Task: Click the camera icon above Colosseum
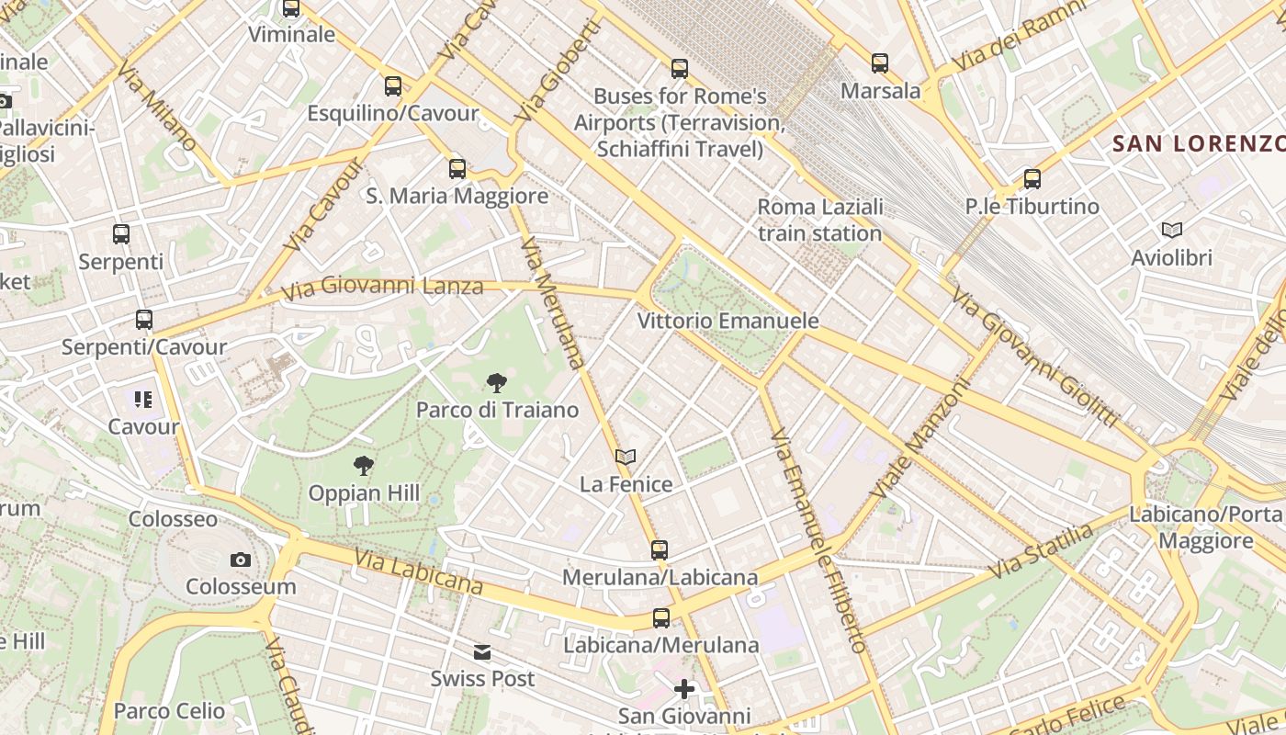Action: (x=241, y=560)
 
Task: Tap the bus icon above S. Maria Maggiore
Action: (x=457, y=169)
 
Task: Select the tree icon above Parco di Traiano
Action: (x=497, y=382)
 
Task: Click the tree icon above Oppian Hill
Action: (x=364, y=466)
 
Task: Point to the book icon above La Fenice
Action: (x=626, y=457)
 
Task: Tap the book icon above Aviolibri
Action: (x=1171, y=230)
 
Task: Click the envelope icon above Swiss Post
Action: (x=482, y=652)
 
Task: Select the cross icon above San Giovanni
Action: (x=684, y=688)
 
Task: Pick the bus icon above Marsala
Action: (x=880, y=63)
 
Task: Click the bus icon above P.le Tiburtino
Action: (x=1032, y=179)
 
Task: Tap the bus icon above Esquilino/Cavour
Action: (x=393, y=86)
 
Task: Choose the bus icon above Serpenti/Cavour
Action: (x=144, y=320)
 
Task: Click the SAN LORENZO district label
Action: (x=1198, y=143)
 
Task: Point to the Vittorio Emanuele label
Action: (x=728, y=321)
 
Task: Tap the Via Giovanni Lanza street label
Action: (x=382, y=288)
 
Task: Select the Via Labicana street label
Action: (x=418, y=571)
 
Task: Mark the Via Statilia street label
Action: (x=1043, y=550)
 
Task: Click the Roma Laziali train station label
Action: (x=820, y=220)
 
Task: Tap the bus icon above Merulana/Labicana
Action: (x=660, y=550)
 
